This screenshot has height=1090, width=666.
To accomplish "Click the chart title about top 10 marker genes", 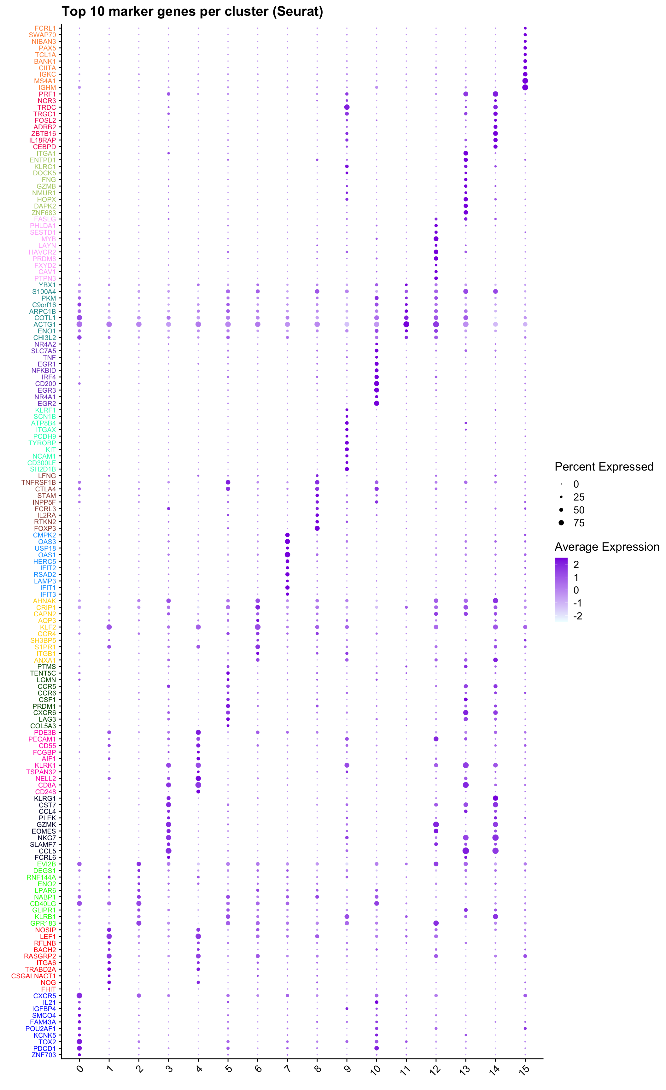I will tap(192, 11).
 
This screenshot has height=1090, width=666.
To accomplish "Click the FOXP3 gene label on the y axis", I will tap(45, 528).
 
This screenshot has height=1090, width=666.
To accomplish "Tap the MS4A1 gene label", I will tap(45, 81).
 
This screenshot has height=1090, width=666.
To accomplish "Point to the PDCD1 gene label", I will tap(45, 1048).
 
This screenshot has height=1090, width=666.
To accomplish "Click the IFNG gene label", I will tap(48, 179).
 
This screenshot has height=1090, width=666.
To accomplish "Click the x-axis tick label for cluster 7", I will tap(288, 1069).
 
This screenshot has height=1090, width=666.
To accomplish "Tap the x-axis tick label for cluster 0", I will tap(79, 1069).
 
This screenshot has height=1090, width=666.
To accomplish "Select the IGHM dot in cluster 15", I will tap(525, 88).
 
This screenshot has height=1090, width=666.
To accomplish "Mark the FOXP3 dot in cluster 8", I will tap(317, 528).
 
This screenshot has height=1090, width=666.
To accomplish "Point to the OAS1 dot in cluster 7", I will tap(288, 555).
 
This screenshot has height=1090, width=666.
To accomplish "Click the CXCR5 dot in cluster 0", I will tap(79, 995).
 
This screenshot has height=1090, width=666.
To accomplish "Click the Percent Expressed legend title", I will tap(604, 467).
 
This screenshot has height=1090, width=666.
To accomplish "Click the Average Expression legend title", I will tap(607, 547).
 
